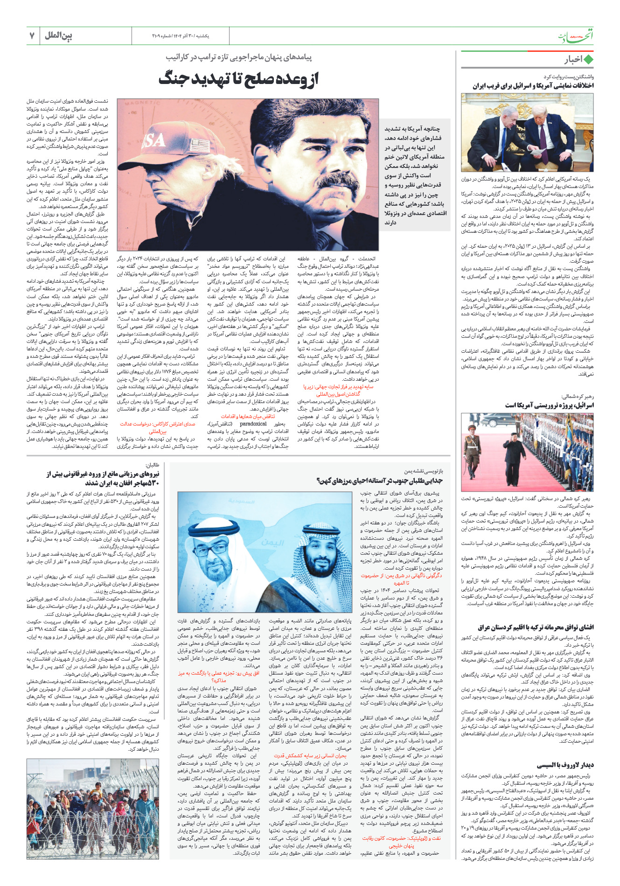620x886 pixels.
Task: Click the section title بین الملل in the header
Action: coord(59,35)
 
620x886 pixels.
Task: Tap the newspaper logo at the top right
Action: coord(577,36)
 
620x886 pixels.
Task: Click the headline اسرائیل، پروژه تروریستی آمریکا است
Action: coord(549,405)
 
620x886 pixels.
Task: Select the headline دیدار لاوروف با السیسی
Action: coord(565,765)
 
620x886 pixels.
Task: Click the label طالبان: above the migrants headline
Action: coord(153,465)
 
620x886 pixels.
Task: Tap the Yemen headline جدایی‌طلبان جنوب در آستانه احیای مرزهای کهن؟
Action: coord(379,480)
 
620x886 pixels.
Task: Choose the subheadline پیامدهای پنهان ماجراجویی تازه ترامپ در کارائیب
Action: coord(238,57)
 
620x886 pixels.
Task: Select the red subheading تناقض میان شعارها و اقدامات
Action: coord(248,416)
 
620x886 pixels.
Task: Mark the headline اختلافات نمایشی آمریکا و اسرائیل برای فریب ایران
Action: coord(533,86)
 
